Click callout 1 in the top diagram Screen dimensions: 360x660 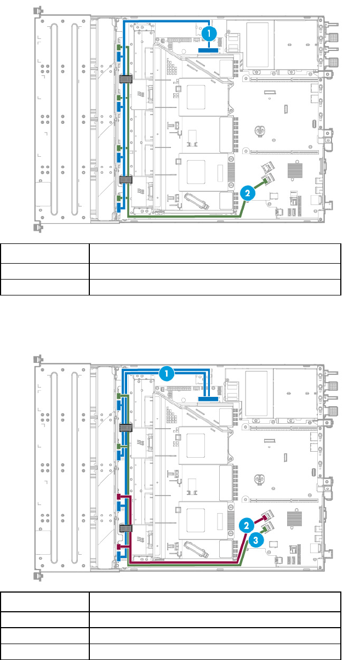tap(209, 33)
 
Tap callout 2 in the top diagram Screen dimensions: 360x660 tap(248, 193)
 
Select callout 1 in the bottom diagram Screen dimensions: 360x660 tap(167, 374)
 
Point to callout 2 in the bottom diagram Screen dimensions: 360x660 tap(247, 526)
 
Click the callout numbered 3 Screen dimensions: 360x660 tap(256, 540)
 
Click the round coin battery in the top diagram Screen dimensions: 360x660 tap(259, 130)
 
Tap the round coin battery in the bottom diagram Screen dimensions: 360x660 tap(259, 479)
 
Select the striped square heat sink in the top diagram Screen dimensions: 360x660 tap(295, 170)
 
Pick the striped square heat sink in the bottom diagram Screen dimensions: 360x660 tap(295, 519)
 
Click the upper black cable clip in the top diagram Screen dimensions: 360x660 tap(126, 79)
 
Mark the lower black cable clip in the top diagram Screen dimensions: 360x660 tap(126, 180)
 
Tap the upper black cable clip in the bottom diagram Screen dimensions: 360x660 tap(126, 427)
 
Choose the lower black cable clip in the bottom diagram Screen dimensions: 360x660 tap(126, 528)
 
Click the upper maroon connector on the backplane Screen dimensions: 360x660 tap(119, 497)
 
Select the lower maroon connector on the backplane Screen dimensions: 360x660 tap(119, 547)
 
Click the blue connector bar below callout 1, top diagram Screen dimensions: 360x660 tap(208, 50)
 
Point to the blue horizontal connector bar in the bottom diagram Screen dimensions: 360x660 tap(208, 399)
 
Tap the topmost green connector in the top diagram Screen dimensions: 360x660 tap(119, 48)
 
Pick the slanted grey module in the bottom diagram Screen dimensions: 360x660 tap(197, 549)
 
